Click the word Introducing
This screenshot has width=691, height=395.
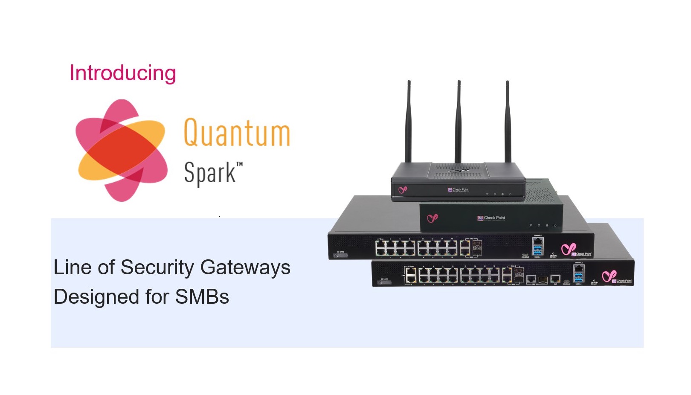tap(122, 73)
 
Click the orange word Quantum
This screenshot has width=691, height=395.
tap(237, 133)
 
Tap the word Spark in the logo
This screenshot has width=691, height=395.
tap(209, 173)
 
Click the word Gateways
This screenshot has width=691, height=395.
tap(245, 267)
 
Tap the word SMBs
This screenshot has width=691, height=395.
tap(202, 297)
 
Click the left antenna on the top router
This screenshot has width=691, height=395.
tap(409, 121)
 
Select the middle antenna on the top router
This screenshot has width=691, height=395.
tap(459, 121)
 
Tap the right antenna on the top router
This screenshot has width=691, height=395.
tap(508, 121)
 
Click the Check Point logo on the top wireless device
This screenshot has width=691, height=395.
tap(458, 190)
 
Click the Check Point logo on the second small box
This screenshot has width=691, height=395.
tap(491, 218)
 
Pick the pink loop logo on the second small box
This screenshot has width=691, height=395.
tap(432, 218)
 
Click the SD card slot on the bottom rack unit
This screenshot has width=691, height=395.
tap(384, 282)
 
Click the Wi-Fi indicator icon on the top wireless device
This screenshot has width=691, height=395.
tap(487, 194)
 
